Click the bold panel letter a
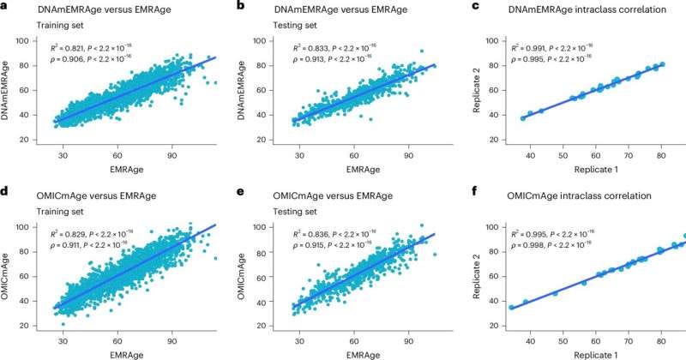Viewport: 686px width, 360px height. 5,7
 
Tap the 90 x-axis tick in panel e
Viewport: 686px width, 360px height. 408,338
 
